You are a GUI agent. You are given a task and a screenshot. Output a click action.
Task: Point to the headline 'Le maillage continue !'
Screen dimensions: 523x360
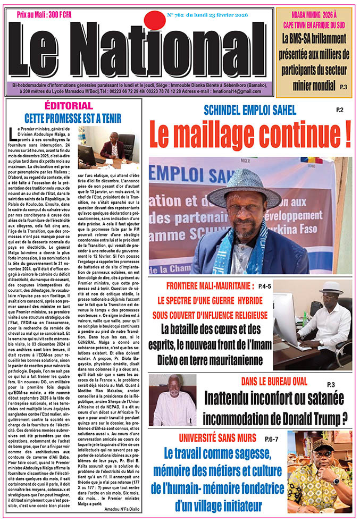click(250, 136)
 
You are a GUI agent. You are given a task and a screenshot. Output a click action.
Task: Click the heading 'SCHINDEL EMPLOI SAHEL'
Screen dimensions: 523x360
click(250, 111)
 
